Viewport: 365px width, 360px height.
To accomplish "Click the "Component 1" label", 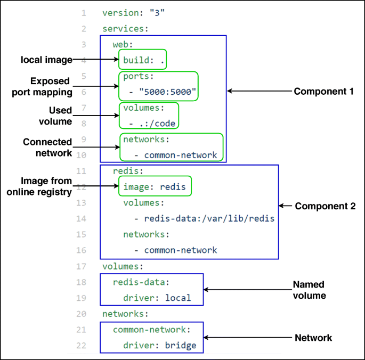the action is (x=323, y=91).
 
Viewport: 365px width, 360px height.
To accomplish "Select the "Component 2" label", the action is (x=325, y=206).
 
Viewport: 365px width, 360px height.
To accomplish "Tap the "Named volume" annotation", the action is (x=310, y=290).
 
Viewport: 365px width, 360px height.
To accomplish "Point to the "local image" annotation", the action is (x=46, y=60).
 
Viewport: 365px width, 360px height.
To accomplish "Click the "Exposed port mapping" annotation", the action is (x=42, y=87).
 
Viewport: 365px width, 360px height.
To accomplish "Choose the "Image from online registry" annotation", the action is (x=39, y=186).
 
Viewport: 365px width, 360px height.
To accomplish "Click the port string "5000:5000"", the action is (x=167, y=92).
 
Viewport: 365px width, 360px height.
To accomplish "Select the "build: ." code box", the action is (x=142, y=59).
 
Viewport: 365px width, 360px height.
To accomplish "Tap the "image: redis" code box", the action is (x=155, y=186).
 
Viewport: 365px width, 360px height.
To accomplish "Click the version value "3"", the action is (x=157, y=13).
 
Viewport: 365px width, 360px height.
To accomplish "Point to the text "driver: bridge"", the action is (x=160, y=345).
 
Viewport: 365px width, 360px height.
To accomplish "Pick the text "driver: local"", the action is (x=157, y=298).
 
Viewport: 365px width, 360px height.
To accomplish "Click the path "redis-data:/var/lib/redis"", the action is (x=209, y=218).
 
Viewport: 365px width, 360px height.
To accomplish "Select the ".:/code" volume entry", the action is (x=157, y=124).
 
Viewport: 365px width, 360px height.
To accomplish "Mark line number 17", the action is (x=81, y=266).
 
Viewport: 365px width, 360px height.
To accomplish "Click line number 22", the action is (x=81, y=345).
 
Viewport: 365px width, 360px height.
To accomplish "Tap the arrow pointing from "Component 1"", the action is (x=259, y=91).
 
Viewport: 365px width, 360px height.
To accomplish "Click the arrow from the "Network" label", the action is (x=247, y=338).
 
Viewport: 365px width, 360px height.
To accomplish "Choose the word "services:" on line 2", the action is (x=125, y=29).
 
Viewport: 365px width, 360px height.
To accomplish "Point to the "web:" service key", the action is (x=123, y=44).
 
